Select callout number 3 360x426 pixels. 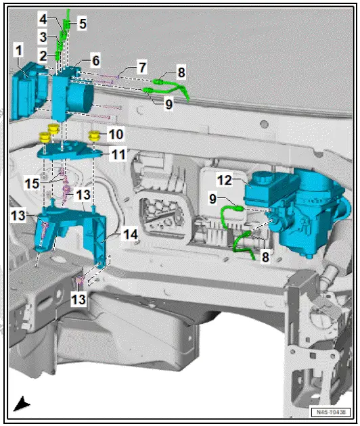(x=42, y=37)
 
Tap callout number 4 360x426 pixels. (x=43, y=18)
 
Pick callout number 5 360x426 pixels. (x=82, y=24)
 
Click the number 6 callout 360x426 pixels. (x=95, y=60)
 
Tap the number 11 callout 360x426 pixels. (x=119, y=154)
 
